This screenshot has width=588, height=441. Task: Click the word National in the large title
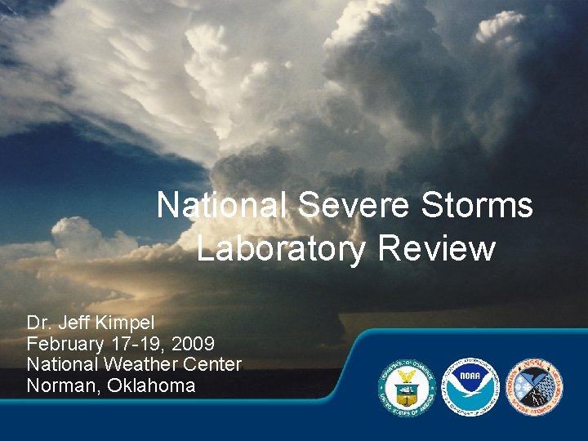point(220,206)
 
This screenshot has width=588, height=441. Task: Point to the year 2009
point(194,343)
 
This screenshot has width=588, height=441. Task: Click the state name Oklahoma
point(150,385)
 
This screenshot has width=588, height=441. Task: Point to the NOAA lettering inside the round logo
point(470,377)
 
